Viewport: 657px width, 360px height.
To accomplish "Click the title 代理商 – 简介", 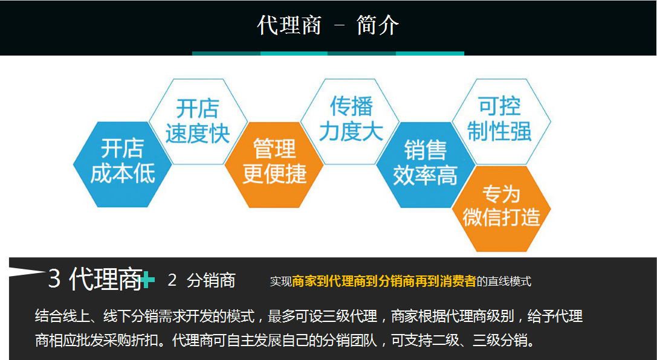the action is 328,25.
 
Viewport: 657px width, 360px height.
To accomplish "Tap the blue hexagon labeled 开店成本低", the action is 123,164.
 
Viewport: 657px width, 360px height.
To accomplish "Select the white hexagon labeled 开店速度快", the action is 198,121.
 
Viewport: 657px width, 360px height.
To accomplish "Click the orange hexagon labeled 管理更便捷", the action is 274,164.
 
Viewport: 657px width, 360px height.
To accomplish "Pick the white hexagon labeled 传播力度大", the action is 351,121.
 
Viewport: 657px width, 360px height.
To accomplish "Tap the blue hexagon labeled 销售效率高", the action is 426,164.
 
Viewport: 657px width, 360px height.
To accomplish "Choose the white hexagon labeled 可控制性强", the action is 501,121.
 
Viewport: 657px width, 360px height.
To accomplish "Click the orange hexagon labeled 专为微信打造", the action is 501,208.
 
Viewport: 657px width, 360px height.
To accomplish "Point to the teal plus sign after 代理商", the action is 148,280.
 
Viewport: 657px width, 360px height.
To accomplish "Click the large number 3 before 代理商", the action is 54,278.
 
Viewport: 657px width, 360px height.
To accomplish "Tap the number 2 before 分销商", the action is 172,280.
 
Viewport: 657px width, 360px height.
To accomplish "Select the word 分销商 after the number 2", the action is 211,280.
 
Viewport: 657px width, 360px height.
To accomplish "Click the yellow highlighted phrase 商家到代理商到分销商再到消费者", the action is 384,281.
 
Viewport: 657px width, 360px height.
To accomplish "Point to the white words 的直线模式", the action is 503,281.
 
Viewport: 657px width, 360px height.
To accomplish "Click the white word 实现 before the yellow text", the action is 280,281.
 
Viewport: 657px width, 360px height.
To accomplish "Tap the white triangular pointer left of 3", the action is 27,272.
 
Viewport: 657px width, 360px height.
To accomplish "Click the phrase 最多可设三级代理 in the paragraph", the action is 322,316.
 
